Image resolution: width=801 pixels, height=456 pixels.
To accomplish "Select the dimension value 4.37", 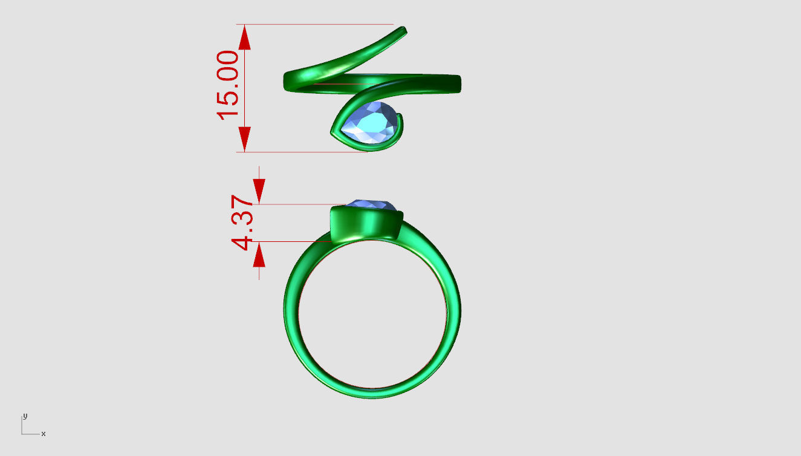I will [242, 223].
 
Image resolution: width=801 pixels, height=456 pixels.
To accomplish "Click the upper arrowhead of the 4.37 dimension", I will [259, 191].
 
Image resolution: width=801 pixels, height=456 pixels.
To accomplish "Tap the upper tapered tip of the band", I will [404, 30].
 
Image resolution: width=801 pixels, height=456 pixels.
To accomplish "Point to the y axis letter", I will [25, 416].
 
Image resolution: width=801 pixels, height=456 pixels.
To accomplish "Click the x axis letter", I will [44, 434].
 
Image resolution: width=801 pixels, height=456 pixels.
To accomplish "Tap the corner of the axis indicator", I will [22, 434].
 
